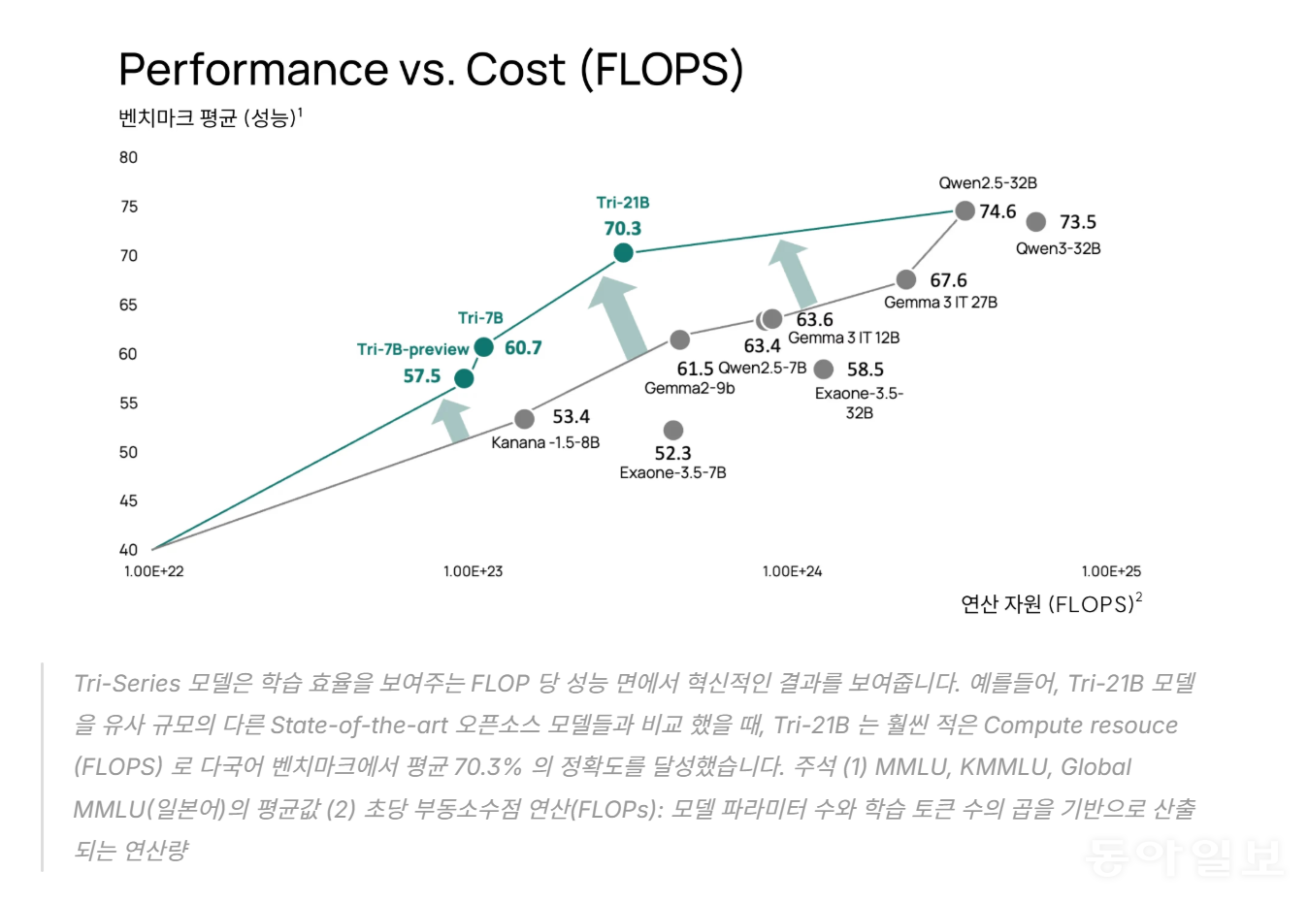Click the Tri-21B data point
pos(623,253)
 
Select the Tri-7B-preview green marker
pos(464,378)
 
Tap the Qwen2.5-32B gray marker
pos(965,210)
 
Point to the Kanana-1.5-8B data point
pos(524,419)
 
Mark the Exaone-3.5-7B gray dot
pos(672,430)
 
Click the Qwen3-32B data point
pos(1036,222)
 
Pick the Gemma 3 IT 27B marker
pos(905,279)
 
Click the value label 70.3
pos(623,229)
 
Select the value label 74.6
pos(997,211)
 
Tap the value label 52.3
pos(672,453)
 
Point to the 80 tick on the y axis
pos(128,157)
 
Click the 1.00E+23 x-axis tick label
pos(473,571)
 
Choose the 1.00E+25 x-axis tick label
pos(1111,571)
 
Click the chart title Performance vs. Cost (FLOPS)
pos(431,70)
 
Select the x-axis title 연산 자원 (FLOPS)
pos(1051,604)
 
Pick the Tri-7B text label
pos(480,318)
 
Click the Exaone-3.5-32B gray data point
pos(824,370)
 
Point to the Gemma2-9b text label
pos(689,388)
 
